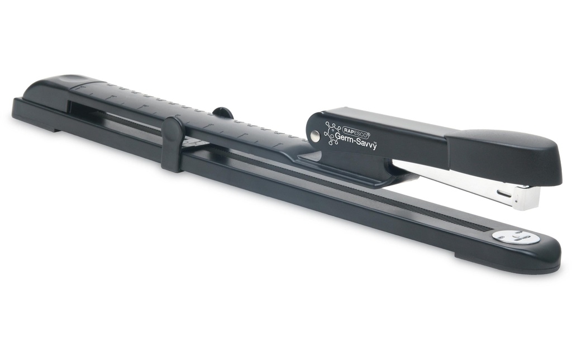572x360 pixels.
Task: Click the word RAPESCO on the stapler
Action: pyautogui.click(x=356, y=130)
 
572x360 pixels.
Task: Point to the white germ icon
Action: pyautogui.click(x=332, y=133)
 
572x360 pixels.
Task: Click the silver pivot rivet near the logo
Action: pyautogui.click(x=315, y=136)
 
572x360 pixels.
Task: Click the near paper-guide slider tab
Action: pyautogui.click(x=172, y=144)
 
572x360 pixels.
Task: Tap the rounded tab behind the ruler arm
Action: pyautogui.click(x=223, y=112)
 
